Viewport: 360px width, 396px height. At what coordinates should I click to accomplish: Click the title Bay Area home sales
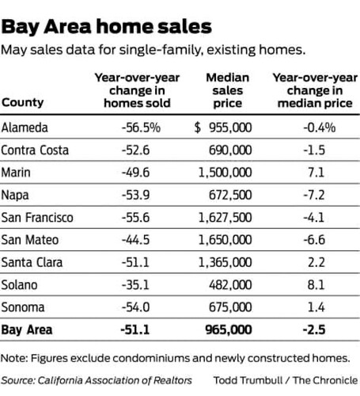106,27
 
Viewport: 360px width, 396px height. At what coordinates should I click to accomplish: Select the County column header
22,102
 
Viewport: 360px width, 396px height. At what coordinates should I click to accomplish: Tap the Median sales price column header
227,90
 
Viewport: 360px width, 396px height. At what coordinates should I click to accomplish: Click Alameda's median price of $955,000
223,128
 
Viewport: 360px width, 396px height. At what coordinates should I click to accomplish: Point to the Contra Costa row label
35,150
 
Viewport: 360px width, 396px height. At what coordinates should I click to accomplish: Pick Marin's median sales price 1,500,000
225,173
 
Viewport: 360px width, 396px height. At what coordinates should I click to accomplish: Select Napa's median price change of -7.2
314,195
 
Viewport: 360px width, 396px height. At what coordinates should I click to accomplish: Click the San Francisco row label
37,218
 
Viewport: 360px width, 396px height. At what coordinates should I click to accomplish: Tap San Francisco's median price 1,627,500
225,218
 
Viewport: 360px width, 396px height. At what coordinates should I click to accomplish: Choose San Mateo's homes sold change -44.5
135,240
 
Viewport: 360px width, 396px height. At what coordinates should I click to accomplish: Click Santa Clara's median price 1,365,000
225,262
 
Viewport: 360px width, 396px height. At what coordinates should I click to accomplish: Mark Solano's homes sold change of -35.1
135,285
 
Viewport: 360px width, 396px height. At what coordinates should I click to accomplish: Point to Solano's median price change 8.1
316,285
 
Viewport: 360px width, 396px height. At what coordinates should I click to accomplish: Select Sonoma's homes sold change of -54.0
135,307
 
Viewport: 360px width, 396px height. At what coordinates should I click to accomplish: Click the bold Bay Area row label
27,330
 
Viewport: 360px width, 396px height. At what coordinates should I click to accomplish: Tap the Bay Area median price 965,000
229,330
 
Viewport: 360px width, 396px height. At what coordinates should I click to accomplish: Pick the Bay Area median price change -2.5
314,330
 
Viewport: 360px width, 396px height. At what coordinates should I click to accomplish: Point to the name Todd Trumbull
248,380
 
